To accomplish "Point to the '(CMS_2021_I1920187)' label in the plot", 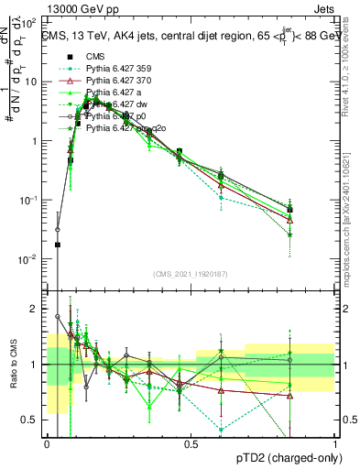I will tap(191, 274).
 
